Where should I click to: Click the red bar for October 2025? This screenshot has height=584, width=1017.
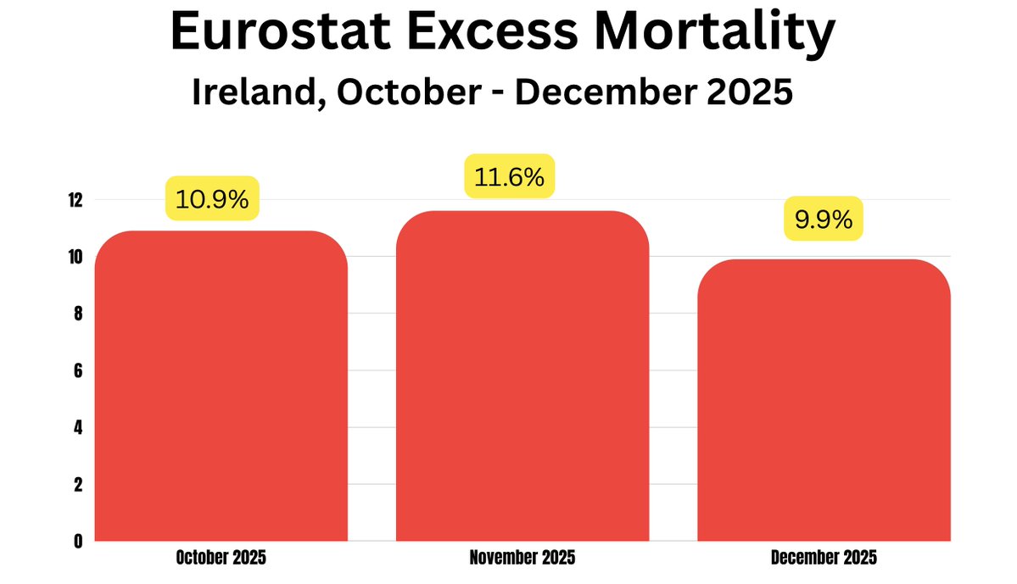(221, 386)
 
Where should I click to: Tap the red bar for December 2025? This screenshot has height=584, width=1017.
(824, 400)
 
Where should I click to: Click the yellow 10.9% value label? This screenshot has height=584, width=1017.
(211, 199)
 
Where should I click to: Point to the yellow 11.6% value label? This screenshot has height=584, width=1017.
(510, 177)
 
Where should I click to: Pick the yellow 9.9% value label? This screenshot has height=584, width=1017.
(823, 220)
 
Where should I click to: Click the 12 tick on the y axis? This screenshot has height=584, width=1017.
(75, 200)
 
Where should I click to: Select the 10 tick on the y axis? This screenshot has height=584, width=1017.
(75, 258)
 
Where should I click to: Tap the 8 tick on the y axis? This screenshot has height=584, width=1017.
(76, 314)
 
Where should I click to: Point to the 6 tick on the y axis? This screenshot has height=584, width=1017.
(76, 371)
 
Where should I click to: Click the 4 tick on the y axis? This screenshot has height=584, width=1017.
(76, 428)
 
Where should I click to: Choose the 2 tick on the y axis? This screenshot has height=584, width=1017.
(76, 485)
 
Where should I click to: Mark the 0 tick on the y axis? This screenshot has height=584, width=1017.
(76, 541)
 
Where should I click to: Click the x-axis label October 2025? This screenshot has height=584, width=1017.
(221, 558)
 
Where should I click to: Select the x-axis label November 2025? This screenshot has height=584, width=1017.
(522, 558)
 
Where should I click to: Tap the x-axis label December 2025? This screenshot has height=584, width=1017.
(824, 558)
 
